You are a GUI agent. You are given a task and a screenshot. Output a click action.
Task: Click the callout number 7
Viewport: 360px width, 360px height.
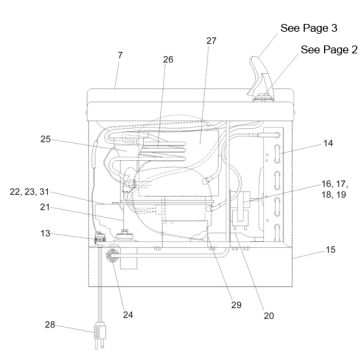pyautogui.click(x=120, y=56)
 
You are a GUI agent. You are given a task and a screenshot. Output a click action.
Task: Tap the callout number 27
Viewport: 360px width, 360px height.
pyautogui.click(x=211, y=41)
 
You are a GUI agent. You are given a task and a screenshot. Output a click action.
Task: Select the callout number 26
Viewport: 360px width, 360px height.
pyautogui.click(x=168, y=60)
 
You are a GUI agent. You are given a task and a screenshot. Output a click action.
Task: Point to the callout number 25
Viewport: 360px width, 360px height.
pyautogui.click(x=46, y=139)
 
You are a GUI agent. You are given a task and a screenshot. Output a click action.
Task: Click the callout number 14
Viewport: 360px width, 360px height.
pyautogui.click(x=328, y=143)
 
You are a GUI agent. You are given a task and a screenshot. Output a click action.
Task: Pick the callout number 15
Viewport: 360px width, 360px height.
pyautogui.click(x=330, y=250)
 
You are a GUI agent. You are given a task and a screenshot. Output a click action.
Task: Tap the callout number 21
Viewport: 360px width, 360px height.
pyautogui.click(x=45, y=207)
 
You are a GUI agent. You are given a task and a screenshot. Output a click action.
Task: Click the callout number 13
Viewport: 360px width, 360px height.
pyautogui.click(x=45, y=233)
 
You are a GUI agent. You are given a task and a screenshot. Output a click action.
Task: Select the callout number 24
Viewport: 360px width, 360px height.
pyautogui.click(x=128, y=315)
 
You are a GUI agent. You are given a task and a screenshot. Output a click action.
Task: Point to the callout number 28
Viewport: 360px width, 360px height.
pyautogui.click(x=50, y=325)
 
